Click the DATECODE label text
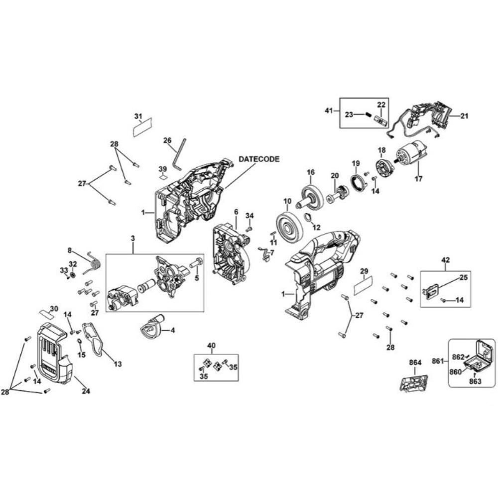point(259,159)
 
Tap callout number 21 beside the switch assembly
point(464,116)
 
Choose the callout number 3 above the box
point(133,240)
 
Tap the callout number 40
point(211,346)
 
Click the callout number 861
point(438,360)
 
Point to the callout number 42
point(445,259)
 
